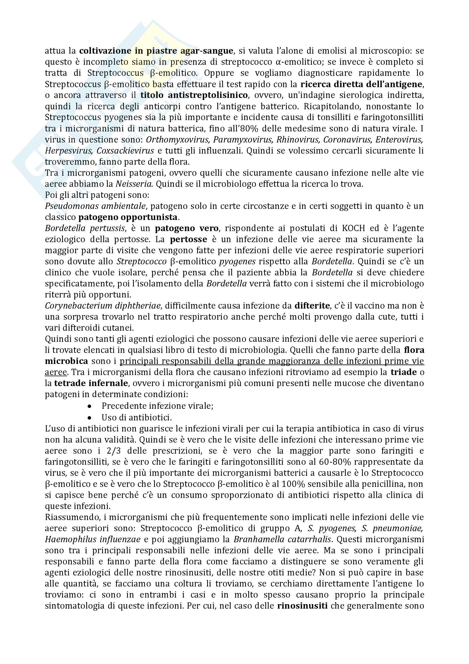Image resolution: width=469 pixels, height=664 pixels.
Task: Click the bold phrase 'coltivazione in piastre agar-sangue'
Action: tap(156, 51)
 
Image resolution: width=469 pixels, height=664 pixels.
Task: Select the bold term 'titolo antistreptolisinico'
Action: tap(194, 95)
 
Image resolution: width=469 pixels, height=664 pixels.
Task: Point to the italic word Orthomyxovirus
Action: tap(177, 140)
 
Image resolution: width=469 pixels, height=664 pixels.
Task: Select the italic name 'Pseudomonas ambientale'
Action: tap(95, 206)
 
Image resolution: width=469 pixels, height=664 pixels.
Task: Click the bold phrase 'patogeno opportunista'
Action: tap(128, 217)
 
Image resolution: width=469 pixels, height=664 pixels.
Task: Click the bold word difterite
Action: tap(312, 306)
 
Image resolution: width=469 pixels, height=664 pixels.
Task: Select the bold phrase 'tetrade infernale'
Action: tap(91, 384)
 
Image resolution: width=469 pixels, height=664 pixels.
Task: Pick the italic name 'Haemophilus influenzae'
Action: tap(93, 539)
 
